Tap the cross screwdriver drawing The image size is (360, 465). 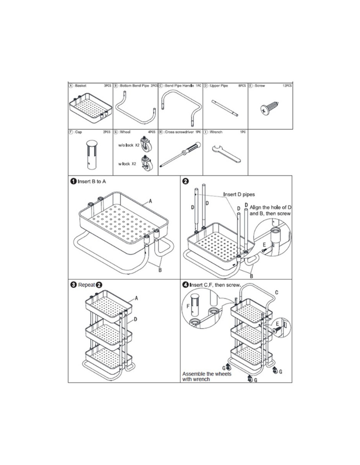pos(180,154)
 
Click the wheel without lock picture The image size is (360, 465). pos(147,144)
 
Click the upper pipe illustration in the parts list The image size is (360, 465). pos(225,108)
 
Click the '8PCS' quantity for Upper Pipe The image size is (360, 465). pos(242,86)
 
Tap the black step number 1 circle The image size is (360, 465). pos(73,181)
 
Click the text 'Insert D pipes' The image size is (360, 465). pos(239,194)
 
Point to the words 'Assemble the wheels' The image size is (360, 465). pos(207,374)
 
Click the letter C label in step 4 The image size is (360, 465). pos(277,292)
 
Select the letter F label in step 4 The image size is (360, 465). pos(188,307)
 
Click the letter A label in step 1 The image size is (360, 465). pos(151,201)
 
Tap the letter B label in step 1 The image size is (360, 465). pos(160,270)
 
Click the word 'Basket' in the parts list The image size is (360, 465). pos(81,86)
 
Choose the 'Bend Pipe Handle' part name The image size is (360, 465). pos(179,86)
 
